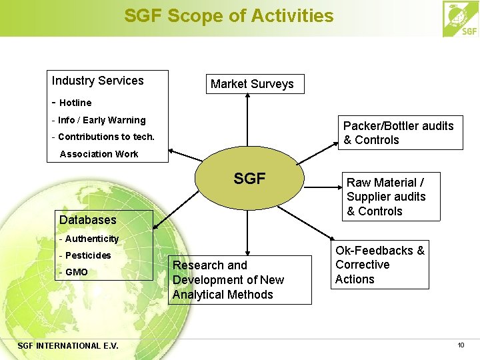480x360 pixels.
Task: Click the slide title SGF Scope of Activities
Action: pos(229,15)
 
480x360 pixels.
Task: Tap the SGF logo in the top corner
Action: pos(461,19)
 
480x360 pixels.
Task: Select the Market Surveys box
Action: pos(252,84)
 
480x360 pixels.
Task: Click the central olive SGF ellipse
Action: pos(249,179)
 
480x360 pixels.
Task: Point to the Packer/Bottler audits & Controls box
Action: pos(398,133)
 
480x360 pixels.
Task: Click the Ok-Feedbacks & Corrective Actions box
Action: pos(380,265)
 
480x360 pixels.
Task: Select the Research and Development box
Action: pos(239,280)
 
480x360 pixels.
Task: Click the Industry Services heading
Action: pos(98,81)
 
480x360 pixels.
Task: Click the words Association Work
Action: pos(99,154)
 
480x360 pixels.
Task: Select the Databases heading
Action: pos(87,219)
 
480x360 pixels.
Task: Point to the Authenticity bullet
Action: pos(91,239)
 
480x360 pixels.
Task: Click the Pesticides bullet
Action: pos(88,255)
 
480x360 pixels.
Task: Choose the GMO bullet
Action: pos(76,272)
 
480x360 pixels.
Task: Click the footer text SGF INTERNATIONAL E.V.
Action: pos(68,345)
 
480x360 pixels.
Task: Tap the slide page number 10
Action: pos(461,345)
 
